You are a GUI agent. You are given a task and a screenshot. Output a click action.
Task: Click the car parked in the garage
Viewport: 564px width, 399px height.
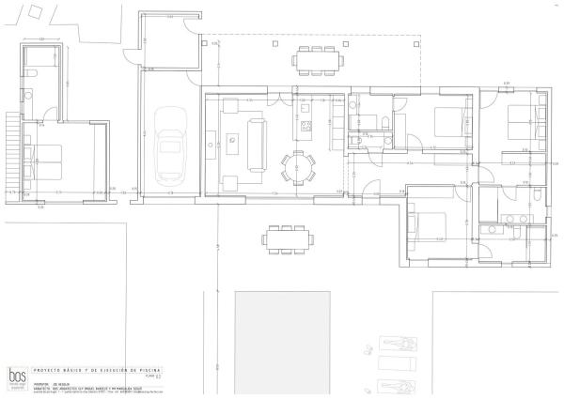click(x=170, y=146)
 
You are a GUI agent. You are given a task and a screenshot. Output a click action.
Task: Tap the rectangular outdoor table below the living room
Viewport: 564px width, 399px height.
click(x=287, y=238)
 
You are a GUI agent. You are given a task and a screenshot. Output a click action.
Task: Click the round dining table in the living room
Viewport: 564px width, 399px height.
click(x=298, y=167)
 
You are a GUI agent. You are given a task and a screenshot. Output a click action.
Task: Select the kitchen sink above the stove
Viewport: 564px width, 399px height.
click(x=305, y=108)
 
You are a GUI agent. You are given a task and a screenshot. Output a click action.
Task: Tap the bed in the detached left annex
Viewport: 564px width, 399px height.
click(x=43, y=160)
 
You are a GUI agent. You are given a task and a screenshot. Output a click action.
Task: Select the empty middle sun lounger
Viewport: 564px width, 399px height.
click(x=393, y=362)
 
